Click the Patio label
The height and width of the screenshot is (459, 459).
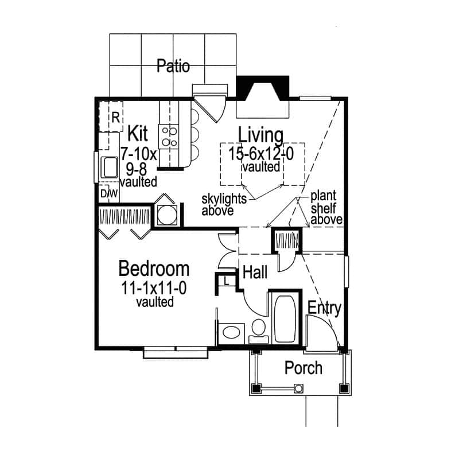click(x=173, y=66)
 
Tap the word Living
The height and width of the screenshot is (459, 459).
click(x=261, y=136)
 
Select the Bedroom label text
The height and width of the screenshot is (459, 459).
click(x=154, y=268)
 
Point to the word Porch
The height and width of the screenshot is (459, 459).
click(x=304, y=367)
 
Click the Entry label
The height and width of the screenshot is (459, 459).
click(x=325, y=308)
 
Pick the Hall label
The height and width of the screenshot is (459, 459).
click(x=255, y=273)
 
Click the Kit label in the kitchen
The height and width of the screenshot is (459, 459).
click(x=137, y=134)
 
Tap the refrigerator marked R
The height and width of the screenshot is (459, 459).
click(x=113, y=118)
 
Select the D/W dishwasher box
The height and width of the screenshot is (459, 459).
click(x=109, y=194)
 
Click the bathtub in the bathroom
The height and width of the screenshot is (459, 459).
click(x=283, y=318)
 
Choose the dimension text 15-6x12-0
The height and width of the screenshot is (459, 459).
click(x=261, y=154)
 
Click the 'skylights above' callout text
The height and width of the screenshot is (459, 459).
click(x=224, y=205)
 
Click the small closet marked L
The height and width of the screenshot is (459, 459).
click(x=227, y=281)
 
